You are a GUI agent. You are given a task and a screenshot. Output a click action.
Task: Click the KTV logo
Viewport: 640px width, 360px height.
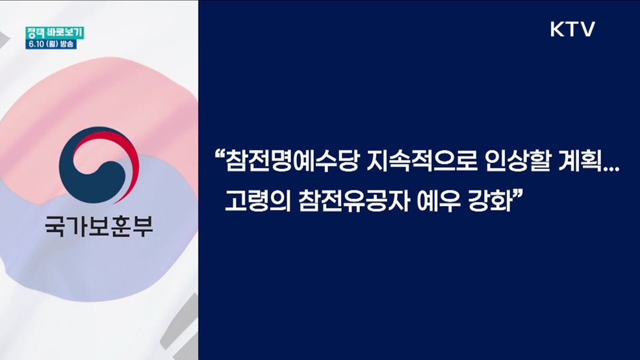572,29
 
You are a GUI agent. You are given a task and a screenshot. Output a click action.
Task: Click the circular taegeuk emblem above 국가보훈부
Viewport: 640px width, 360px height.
99,166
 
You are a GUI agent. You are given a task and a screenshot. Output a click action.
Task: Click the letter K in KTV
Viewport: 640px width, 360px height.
557,29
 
